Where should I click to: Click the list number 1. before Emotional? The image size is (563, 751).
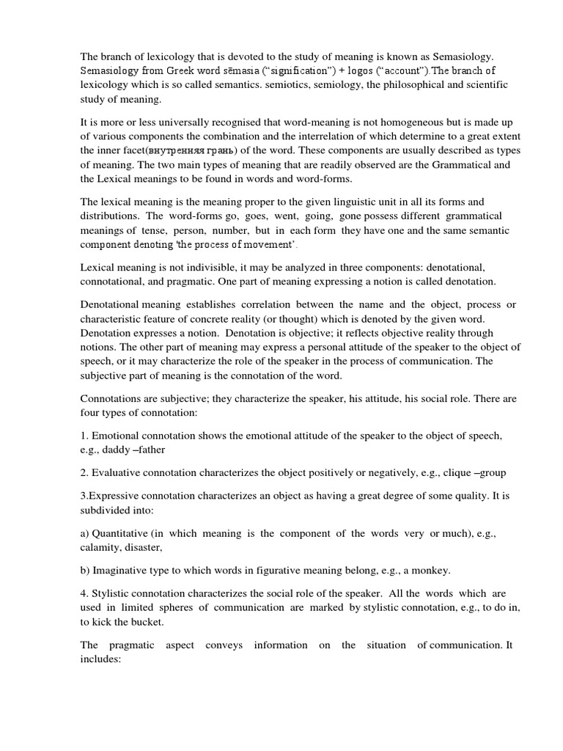(84, 436)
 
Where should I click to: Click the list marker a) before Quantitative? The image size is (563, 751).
(85, 533)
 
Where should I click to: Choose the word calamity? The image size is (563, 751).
(100, 547)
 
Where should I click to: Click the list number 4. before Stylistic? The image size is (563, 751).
(84, 593)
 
